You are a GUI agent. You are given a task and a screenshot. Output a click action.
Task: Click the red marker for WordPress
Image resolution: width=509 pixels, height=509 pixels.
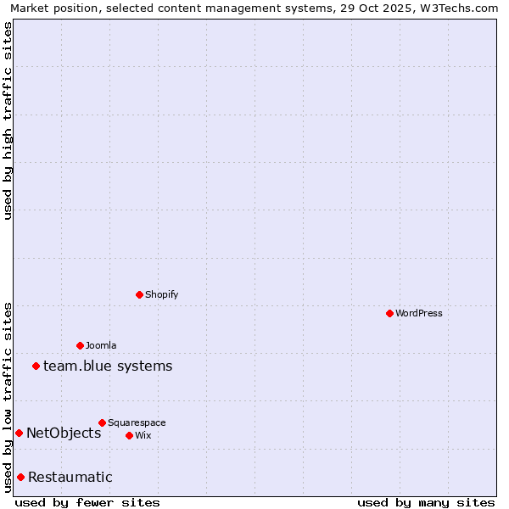(x=389, y=313)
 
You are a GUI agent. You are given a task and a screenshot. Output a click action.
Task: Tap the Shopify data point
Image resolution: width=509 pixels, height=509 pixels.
(x=139, y=294)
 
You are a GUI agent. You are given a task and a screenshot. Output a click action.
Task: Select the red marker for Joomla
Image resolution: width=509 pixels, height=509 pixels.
(x=80, y=345)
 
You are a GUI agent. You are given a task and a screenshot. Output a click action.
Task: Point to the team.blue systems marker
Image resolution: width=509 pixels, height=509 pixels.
(x=36, y=366)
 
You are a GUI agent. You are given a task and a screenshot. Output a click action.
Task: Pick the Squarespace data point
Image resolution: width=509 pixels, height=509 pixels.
(x=102, y=422)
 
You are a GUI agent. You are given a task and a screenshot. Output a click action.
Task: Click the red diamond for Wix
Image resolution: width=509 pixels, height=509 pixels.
(x=129, y=435)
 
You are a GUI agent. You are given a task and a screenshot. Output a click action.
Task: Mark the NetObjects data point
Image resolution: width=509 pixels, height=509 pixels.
(x=19, y=433)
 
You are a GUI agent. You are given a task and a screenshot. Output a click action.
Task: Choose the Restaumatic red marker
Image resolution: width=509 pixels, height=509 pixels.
(x=20, y=477)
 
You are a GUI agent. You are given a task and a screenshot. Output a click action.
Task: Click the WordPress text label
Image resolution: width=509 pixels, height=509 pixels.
(x=419, y=313)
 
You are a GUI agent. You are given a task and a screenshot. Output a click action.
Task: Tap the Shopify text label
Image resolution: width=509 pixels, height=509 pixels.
(x=161, y=294)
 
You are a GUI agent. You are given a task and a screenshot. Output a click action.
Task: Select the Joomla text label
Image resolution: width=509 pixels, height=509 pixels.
(x=101, y=345)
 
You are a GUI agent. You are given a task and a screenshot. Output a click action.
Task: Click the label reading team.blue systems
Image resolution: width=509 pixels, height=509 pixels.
(x=108, y=366)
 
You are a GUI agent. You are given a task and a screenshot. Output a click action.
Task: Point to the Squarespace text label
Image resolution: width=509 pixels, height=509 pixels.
(x=137, y=422)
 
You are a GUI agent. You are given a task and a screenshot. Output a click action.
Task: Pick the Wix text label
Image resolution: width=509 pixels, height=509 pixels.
(x=143, y=435)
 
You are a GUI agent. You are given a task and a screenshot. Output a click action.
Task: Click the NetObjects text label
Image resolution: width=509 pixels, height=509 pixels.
(x=64, y=433)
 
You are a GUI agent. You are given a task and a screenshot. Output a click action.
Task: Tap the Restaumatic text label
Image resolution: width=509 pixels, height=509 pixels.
(x=70, y=477)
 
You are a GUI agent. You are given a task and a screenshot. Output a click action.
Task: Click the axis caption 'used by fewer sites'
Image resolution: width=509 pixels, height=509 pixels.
(x=87, y=502)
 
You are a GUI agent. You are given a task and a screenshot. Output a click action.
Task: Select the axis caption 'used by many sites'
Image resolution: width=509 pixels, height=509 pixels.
(x=426, y=502)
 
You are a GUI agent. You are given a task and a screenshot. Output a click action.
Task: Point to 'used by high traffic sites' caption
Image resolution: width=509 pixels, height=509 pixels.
(x=8, y=120)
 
